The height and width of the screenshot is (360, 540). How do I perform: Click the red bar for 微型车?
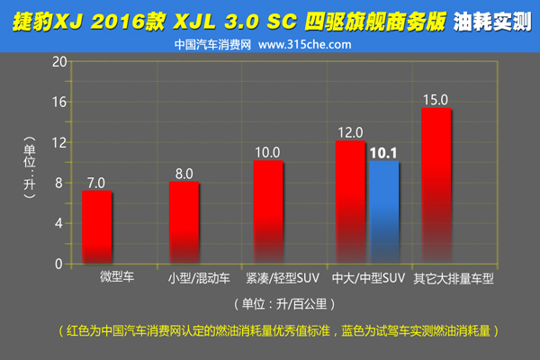tap(96, 227)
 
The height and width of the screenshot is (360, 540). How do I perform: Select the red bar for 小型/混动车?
tap(184, 222)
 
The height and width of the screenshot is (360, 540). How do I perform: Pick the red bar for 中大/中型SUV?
tap(350, 202)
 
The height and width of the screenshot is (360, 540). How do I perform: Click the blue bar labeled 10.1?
tap(383, 211)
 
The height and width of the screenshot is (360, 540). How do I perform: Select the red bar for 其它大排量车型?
tap(436, 185)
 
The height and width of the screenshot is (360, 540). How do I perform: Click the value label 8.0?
tap(184, 173)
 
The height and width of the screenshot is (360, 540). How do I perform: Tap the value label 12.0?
tap(350, 131)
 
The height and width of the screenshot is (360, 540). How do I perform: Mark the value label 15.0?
tap(436, 100)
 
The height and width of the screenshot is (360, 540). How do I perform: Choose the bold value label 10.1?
tap(383, 152)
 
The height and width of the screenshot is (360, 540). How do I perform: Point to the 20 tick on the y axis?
tap(60, 61)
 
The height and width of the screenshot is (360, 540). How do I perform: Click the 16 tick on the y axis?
tap(60, 102)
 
